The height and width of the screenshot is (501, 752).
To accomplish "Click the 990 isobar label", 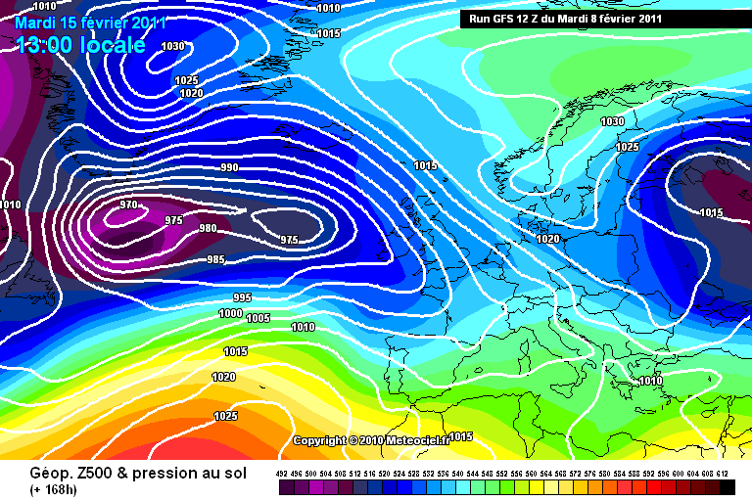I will click(x=230, y=167).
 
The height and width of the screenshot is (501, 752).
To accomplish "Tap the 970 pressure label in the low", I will click(x=128, y=205).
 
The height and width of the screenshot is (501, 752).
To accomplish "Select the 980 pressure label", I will click(x=208, y=228).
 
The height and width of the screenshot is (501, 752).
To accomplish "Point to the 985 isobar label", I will click(x=215, y=259).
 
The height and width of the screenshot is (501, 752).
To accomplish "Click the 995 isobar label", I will click(x=243, y=296).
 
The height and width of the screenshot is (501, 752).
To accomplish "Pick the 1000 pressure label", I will click(x=230, y=313).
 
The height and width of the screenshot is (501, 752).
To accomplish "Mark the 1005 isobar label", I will click(x=258, y=318).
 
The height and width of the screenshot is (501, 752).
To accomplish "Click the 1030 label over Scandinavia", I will click(x=613, y=121).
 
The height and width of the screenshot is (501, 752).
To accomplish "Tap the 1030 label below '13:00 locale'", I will click(x=172, y=46).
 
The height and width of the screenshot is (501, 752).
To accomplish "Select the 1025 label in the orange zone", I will click(x=225, y=416).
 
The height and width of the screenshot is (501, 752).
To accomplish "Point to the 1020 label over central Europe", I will click(x=548, y=239).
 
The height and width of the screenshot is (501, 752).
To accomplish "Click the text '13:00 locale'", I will click(x=80, y=44).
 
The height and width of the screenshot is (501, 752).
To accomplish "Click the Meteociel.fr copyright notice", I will click(x=370, y=440).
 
